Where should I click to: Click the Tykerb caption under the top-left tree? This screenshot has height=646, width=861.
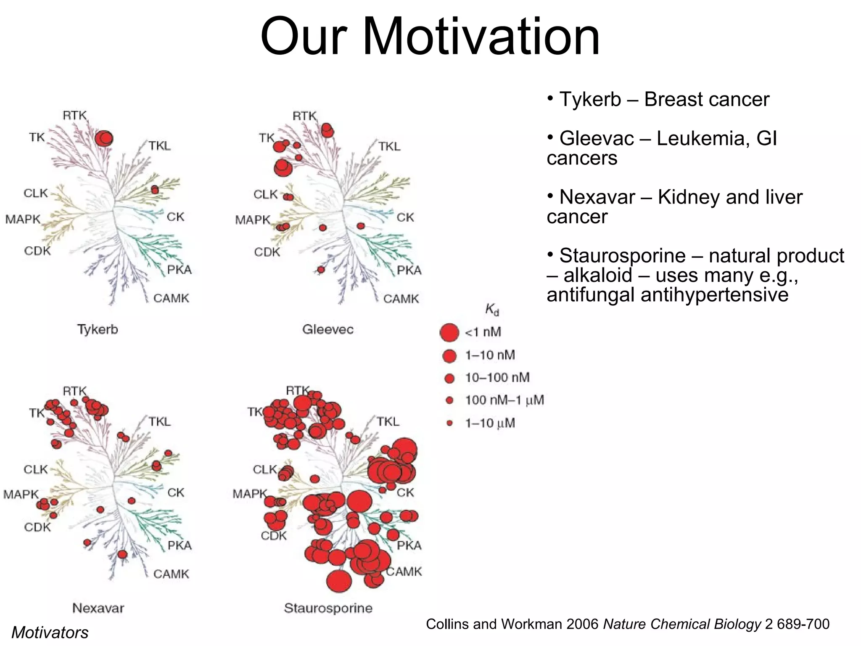pyautogui.click(x=98, y=329)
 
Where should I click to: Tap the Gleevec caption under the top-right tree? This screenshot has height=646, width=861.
pyautogui.click(x=328, y=329)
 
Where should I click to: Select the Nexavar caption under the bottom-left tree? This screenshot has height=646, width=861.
pyautogui.click(x=98, y=608)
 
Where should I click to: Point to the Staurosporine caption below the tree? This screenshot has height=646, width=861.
pyautogui.click(x=328, y=608)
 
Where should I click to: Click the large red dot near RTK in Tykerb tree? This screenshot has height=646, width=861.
pyautogui.click(x=104, y=138)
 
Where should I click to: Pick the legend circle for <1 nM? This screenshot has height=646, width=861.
pyautogui.click(x=449, y=332)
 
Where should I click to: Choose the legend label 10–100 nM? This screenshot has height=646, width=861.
pyautogui.click(x=497, y=378)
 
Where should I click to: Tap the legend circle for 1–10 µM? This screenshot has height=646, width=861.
pyautogui.click(x=449, y=423)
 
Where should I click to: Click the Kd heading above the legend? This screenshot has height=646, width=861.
pyautogui.click(x=492, y=310)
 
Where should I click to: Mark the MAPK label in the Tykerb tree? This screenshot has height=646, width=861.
pyautogui.click(x=23, y=219)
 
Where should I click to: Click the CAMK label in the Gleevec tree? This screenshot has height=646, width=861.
pyautogui.click(x=401, y=299)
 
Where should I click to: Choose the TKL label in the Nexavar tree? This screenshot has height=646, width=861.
pyautogui.click(x=159, y=422)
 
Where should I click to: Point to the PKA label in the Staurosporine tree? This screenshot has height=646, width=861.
pyautogui.click(x=409, y=545)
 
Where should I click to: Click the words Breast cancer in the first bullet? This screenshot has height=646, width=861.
pyautogui.click(x=706, y=100)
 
